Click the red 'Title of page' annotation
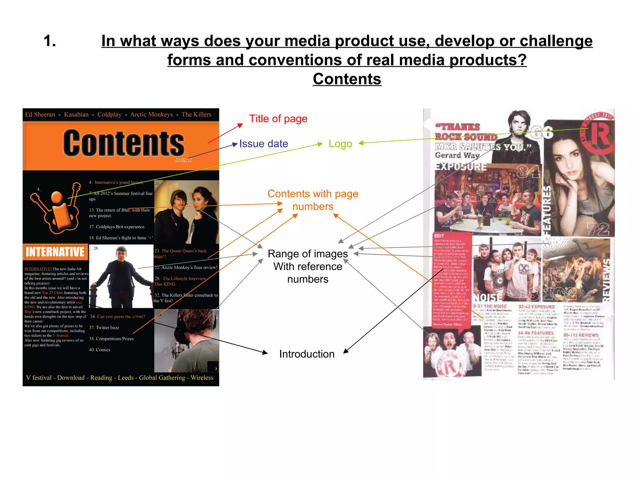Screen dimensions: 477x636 [278, 119]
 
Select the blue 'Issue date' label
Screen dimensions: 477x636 [263, 144]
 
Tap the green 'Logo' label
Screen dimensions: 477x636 [340, 144]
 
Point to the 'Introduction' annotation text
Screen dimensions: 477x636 [307, 354]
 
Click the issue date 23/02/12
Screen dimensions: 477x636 [183, 160]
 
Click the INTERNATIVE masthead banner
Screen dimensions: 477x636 [55, 252]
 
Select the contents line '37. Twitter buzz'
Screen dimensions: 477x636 [104, 328]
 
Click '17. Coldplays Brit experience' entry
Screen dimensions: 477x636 [117, 227]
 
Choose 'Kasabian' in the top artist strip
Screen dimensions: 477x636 [76, 115]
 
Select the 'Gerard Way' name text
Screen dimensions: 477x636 [457, 155]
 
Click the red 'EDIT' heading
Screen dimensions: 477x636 [439, 236]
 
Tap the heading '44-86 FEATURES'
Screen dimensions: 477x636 [536, 333]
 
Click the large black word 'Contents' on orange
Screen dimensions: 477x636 [124, 143]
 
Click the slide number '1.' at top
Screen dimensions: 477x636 [50, 41]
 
